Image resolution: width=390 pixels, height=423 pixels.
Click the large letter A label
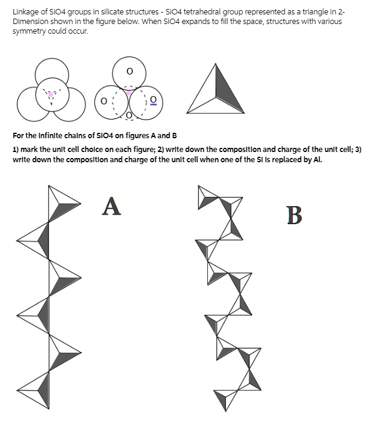pyautogui.click(x=112, y=205)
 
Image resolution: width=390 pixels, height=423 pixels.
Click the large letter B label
pyautogui.click(x=294, y=215)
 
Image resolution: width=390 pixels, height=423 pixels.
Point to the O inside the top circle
pyautogui.click(x=129, y=71)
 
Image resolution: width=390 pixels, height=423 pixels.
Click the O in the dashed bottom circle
pyautogui.click(x=127, y=115)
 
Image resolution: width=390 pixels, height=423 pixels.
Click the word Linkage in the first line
pyautogui.click(x=25, y=12)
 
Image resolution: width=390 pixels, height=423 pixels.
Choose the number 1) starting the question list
pyautogui.click(x=16, y=149)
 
